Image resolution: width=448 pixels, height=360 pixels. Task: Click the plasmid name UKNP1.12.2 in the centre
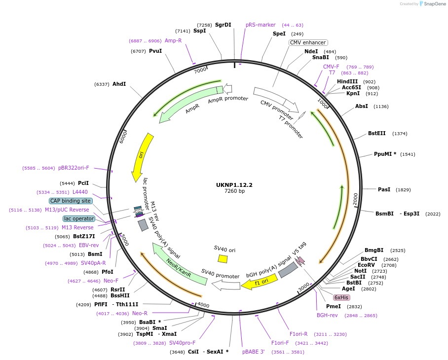coord(234,185)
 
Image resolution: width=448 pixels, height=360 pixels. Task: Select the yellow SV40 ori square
coord(223,259)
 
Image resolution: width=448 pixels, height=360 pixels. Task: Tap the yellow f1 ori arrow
coord(259,283)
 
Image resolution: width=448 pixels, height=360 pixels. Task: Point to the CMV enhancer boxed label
coord(308,43)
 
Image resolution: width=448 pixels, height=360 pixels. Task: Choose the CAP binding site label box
coord(71,201)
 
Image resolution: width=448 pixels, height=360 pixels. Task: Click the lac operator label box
coord(79,218)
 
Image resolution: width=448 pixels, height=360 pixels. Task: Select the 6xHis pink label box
coord(341,297)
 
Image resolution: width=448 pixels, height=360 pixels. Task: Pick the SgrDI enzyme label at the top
coord(223,25)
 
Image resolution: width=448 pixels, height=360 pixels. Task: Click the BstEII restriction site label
coord(377,133)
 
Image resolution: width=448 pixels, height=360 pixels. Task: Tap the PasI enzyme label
coord(384,189)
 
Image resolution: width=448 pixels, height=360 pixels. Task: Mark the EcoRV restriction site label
coord(367,265)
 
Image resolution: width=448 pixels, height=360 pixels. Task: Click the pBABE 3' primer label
coord(253,352)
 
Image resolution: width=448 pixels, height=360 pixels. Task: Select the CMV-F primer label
coord(331,67)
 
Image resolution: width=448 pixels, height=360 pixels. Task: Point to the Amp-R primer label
coord(173,40)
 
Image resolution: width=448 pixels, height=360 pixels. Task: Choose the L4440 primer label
coord(80,192)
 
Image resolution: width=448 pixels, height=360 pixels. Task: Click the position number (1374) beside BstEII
coord(400,134)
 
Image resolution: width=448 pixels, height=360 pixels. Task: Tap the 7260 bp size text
coord(234,191)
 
